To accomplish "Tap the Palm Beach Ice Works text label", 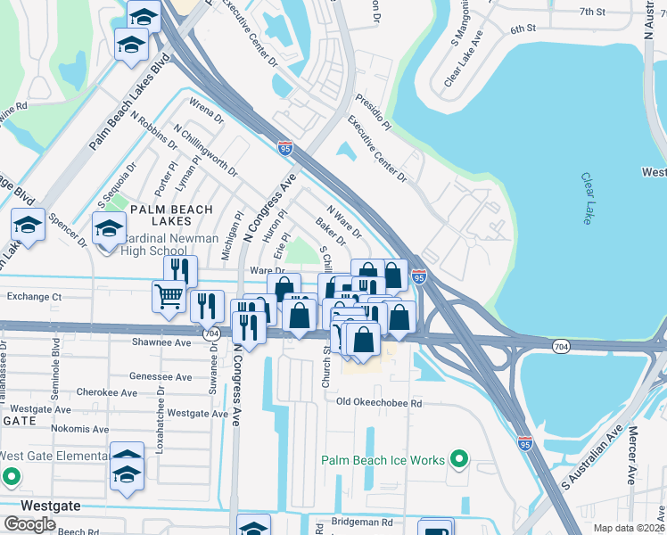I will pyautogui.click(x=383, y=460).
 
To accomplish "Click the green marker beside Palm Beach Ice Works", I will pyautogui.click(x=459, y=460).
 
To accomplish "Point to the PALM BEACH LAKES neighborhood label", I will pyautogui.click(x=171, y=215).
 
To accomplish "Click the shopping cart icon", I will pyautogui.click(x=169, y=296).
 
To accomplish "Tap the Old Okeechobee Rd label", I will pyautogui.click(x=378, y=403).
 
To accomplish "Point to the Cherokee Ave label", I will pyautogui.click(x=107, y=392).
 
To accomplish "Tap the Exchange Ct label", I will pyautogui.click(x=34, y=296).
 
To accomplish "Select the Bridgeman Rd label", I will pyautogui.click(x=361, y=522).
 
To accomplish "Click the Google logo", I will pyautogui.click(x=29, y=523).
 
